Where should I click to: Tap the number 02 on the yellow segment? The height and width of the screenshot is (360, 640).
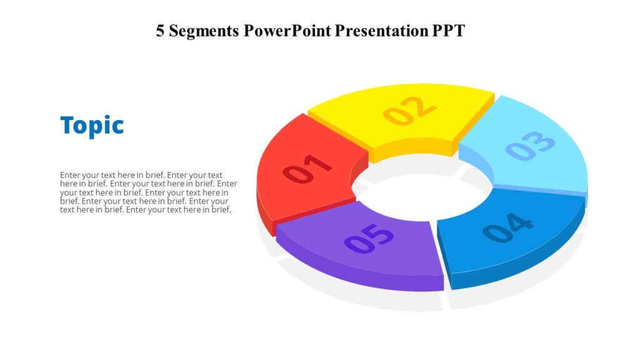pos(409,110)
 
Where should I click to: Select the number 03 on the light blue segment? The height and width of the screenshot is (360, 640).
pos(530,146)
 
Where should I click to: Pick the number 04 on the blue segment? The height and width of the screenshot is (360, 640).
pos(507,228)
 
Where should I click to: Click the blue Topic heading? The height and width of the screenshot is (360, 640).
pos(92,125)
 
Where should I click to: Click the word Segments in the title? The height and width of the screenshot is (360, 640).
pos(204,31)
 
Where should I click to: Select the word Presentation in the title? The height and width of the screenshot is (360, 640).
pos(381,31)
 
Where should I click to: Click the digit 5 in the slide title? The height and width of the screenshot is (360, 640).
pos(161,31)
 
